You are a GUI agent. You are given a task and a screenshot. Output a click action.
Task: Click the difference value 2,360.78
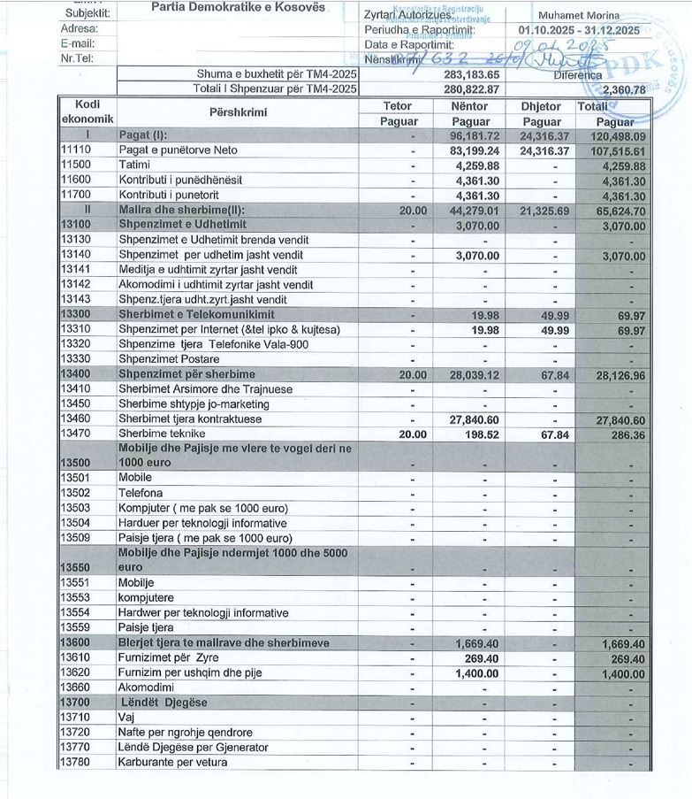click(622, 89)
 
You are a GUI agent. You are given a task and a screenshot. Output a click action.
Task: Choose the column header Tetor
click(397, 106)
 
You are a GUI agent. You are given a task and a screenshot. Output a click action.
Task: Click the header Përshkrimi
click(238, 113)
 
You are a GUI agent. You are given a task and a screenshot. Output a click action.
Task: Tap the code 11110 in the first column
click(76, 150)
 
